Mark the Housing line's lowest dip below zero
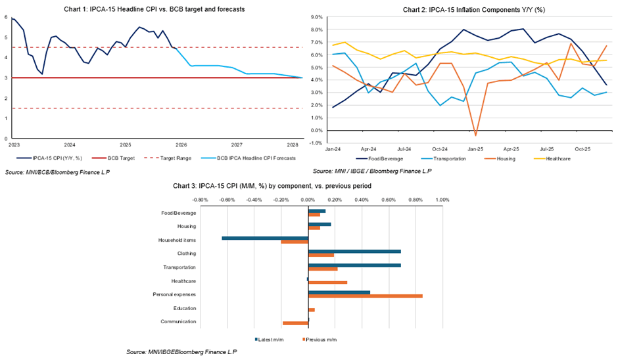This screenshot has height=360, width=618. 476,135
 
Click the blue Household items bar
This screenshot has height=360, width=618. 265,238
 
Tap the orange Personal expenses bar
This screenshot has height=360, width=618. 365,296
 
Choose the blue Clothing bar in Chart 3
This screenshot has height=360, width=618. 354,251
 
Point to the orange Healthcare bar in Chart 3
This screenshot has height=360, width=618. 327,282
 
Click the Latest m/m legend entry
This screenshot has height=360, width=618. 272,340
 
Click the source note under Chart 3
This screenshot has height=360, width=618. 181,352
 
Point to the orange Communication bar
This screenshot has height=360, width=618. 295,323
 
